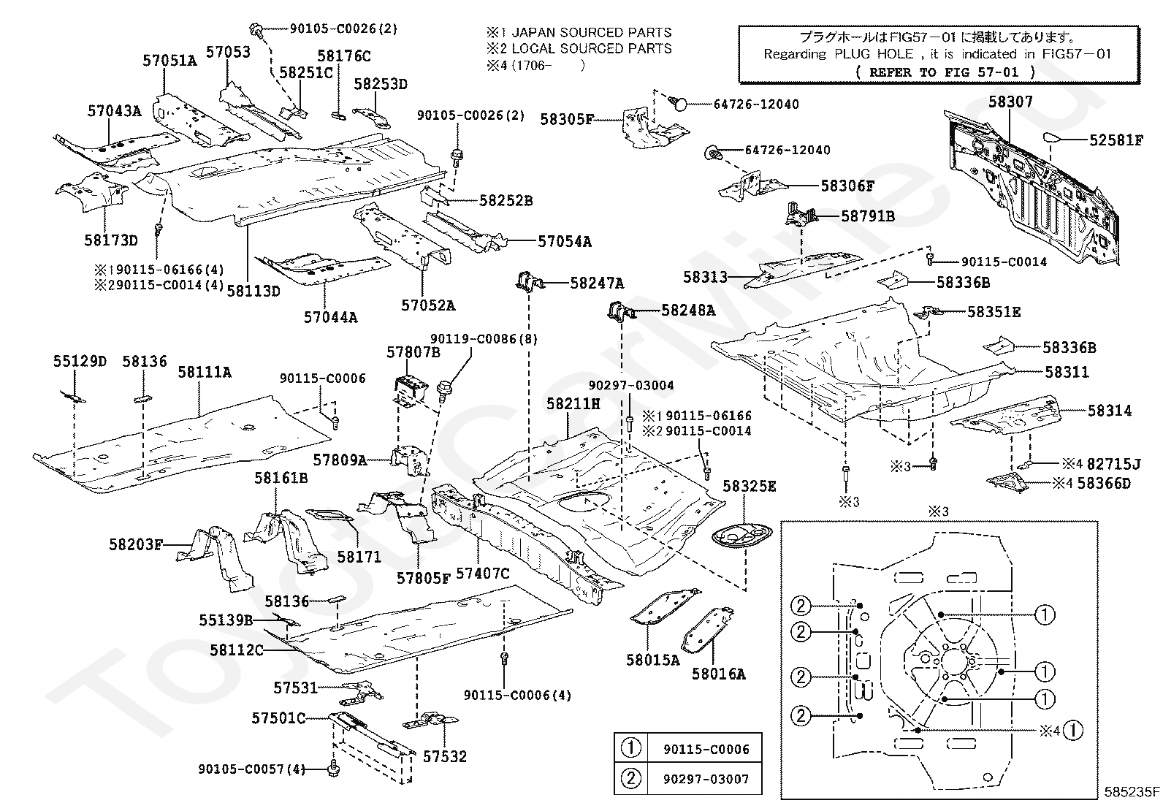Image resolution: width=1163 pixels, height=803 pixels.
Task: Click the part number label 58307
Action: pyautogui.click(x=1010, y=102)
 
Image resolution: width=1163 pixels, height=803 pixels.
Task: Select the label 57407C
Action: pyautogui.click(x=482, y=574)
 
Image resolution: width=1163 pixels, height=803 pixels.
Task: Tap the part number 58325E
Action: pyautogui.click(x=749, y=486)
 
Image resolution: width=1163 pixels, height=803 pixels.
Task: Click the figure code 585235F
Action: pyautogui.click(x=1132, y=791)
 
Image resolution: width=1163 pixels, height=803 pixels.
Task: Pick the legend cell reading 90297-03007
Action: pyautogui.click(x=706, y=779)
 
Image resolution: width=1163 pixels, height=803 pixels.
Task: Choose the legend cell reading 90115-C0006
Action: pyautogui.click(x=706, y=749)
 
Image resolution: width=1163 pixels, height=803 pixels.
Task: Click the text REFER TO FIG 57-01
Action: pyautogui.click(x=945, y=72)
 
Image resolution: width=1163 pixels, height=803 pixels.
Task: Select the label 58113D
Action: pyautogui.click(x=253, y=290)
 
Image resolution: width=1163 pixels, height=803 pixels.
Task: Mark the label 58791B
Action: pyautogui.click(x=867, y=216)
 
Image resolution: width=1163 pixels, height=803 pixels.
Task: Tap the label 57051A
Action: pyautogui.click(x=169, y=61)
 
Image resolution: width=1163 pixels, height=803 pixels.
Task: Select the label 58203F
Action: pyautogui.click(x=136, y=544)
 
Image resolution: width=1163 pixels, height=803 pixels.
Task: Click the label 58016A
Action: pyautogui.click(x=718, y=674)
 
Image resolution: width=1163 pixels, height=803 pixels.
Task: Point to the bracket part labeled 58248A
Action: pyautogui.click(x=617, y=311)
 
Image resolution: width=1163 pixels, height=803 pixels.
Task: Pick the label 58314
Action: pyautogui.click(x=1109, y=411)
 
